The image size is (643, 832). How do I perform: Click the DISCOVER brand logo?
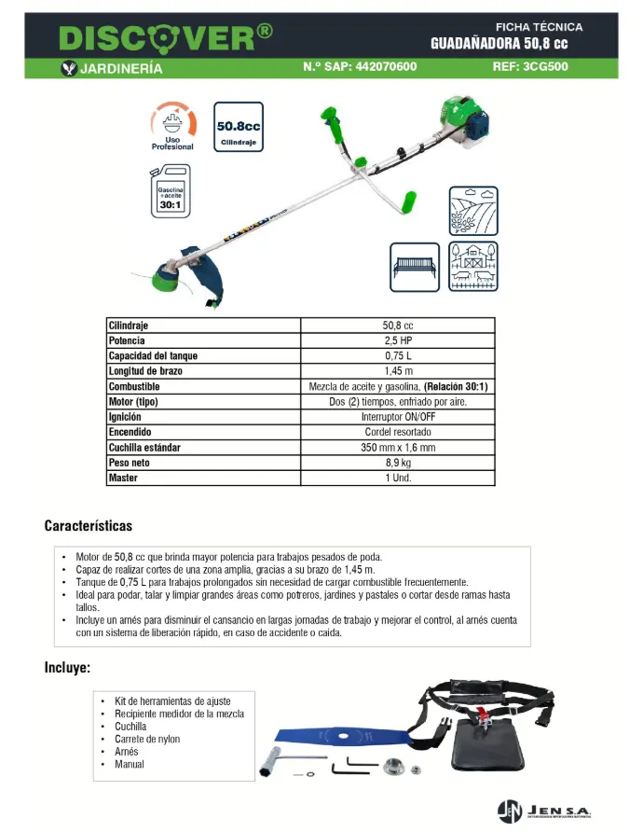tap(166, 37)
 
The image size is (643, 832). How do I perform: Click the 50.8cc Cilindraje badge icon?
tap(238, 127)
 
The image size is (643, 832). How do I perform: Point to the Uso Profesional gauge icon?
tap(173, 125)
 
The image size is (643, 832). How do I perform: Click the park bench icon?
tap(415, 268)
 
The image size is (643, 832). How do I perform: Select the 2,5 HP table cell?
tap(397, 340)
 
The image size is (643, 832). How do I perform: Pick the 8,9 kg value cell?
tap(397, 463)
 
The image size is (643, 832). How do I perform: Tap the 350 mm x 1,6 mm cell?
tap(397, 448)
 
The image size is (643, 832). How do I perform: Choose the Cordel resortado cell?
tap(397, 432)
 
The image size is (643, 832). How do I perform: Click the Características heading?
tap(89, 526)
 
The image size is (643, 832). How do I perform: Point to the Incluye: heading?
tap(68, 668)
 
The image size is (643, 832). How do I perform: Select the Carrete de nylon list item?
tap(147, 739)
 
